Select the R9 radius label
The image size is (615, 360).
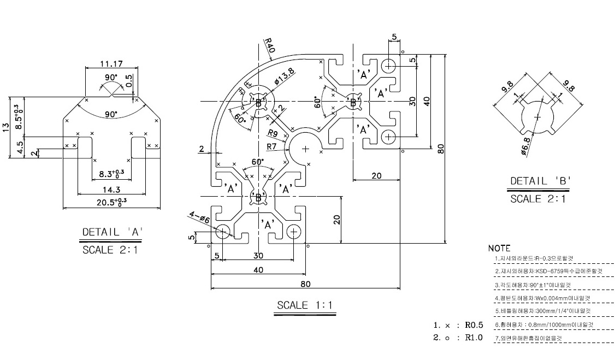(x=273, y=133)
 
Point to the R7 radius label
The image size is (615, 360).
(x=273, y=146)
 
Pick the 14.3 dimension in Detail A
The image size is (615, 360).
(x=111, y=190)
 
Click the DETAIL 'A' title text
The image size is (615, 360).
(x=113, y=232)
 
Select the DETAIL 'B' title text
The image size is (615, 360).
(x=538, y=181)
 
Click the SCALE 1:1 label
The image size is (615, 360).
(x=305, y=305)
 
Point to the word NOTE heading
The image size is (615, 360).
(x=499, y=248)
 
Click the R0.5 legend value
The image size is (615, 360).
(x=474, y=325)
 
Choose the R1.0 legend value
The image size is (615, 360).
(x=474, y=338)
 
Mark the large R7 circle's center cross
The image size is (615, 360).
(x=305, y=148)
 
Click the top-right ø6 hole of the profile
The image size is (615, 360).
(x=389, y=66)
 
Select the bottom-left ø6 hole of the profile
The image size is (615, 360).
(x=223, y=232)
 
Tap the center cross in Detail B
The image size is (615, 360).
(x=537, y=117)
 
